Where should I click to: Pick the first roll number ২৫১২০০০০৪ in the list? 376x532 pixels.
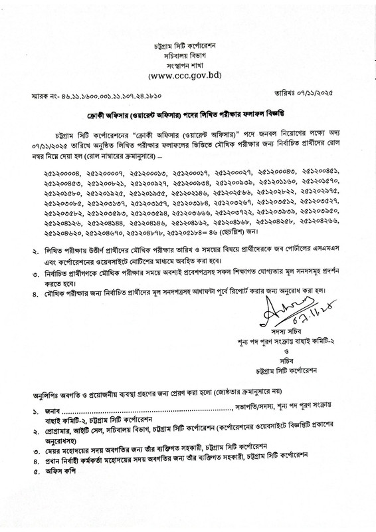point(59,173)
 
